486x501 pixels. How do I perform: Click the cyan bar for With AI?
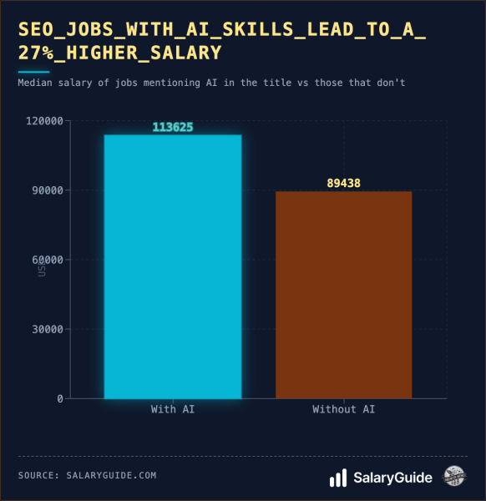pos(173,266)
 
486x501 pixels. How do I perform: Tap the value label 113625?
pos(173,127)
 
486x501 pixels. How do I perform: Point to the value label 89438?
pos(343,183)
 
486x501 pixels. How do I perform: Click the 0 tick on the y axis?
pos(60,398)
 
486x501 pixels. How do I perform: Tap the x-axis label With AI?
pos(173,409)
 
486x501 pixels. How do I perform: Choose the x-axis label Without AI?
pos(343,409)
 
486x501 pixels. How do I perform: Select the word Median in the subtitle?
pos(35,83)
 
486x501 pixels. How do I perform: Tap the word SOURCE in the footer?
pos(38,475)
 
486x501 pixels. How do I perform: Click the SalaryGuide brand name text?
pos(392,478)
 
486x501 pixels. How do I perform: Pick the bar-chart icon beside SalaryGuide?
pos(338,478)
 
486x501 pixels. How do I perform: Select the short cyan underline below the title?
pos(33,72)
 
